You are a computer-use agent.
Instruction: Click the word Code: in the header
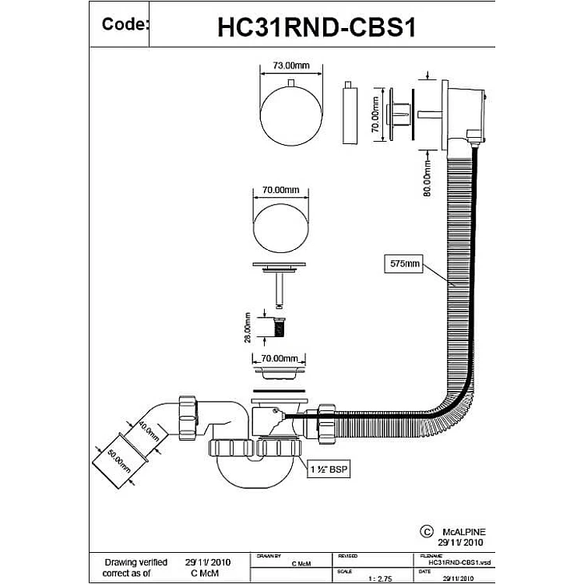[x=125, y=24]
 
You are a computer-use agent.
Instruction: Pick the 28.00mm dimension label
[x=248, y=328]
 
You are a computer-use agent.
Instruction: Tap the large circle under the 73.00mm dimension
[x=289, y=116]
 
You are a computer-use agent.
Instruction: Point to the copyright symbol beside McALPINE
[x=426, y=530]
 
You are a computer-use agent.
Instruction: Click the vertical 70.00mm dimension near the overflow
[x=375, y=112]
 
